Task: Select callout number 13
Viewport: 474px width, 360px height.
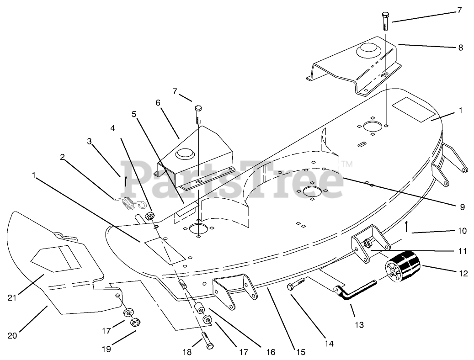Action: point(359,325)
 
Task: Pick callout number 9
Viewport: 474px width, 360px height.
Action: point(463,207)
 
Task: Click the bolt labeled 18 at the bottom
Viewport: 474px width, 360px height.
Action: point(207,339)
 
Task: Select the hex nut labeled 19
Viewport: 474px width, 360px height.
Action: point(135,322)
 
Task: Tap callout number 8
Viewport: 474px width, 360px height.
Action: point(460,47)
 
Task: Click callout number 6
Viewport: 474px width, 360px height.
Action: point(158,103)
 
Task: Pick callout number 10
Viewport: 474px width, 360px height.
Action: point(462,231)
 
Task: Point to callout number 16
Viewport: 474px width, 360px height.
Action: point(270,352)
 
